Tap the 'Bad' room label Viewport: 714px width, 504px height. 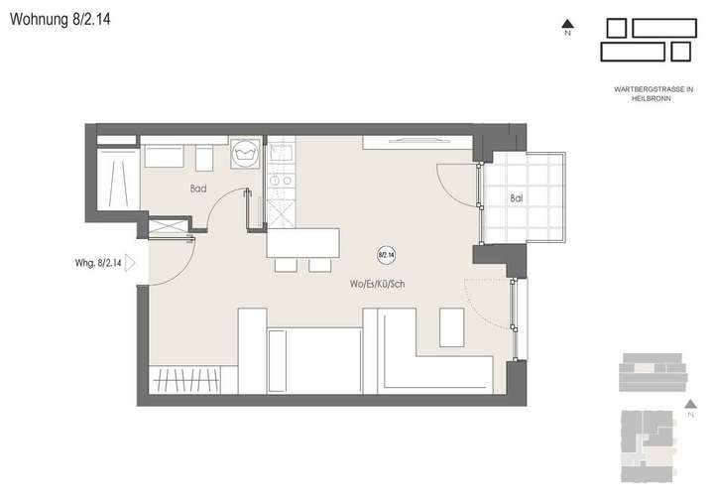[198, 187]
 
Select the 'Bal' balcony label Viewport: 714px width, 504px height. [516, 197]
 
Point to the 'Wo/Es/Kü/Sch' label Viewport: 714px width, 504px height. [378, 286]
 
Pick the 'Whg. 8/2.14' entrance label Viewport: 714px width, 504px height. [98, 264]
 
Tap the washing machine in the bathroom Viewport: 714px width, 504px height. [244, 154]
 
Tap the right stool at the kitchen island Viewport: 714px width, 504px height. [319, 265]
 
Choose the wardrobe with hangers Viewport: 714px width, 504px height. [191, 380]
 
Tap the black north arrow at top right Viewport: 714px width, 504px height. [567, 24]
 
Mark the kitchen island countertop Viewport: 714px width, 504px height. [302, 243]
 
